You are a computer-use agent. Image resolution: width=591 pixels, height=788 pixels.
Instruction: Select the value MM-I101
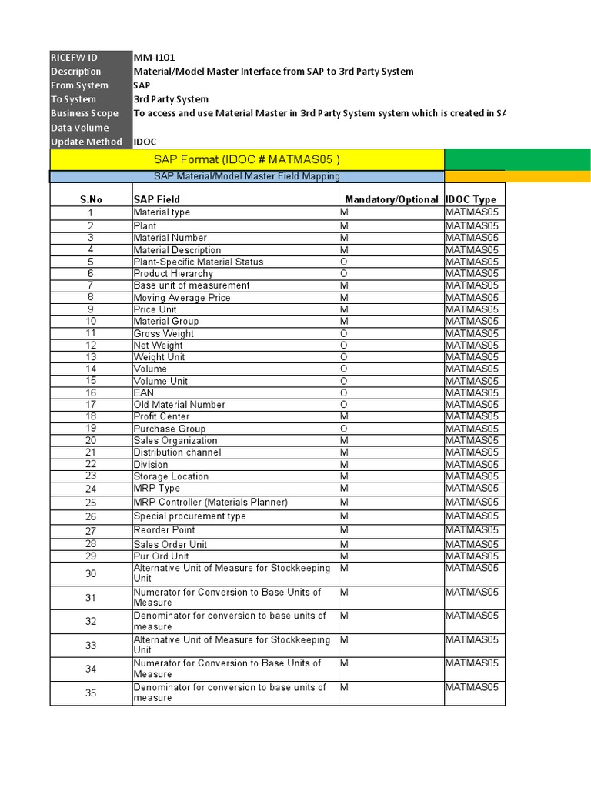[155, 58]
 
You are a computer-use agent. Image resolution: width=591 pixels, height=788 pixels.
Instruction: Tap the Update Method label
[86, 142]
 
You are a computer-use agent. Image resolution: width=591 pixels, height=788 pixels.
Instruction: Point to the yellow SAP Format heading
[247, 159]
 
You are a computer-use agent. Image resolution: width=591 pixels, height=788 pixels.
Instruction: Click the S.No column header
[91, 199]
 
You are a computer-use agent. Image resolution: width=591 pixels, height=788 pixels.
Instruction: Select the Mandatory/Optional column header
[391, 199]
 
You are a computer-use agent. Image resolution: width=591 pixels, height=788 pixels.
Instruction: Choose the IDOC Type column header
[471, 199]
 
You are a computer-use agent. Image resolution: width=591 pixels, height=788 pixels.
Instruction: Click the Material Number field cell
[170, 238]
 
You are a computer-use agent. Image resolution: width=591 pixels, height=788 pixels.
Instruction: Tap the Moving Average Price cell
[182, 297]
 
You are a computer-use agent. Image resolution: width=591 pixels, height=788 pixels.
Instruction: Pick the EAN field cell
[144, 392]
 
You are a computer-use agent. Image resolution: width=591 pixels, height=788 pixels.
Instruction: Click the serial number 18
[91, 416]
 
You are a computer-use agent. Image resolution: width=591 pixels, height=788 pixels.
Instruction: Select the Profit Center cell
[162, 416]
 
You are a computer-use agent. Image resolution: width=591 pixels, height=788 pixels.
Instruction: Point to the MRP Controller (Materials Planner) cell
[210, 503]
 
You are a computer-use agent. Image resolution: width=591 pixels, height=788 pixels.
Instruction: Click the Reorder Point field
[164, 530]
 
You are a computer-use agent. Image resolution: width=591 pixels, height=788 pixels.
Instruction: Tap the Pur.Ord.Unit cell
[161, 556]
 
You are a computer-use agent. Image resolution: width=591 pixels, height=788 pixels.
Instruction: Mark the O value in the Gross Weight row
[344, 333]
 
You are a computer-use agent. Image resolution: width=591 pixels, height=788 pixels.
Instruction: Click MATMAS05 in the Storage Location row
[472, 476]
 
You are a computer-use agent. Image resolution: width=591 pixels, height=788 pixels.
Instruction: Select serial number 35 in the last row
[91, 693]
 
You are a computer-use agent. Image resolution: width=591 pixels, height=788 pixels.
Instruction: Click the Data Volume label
[80, 128]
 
